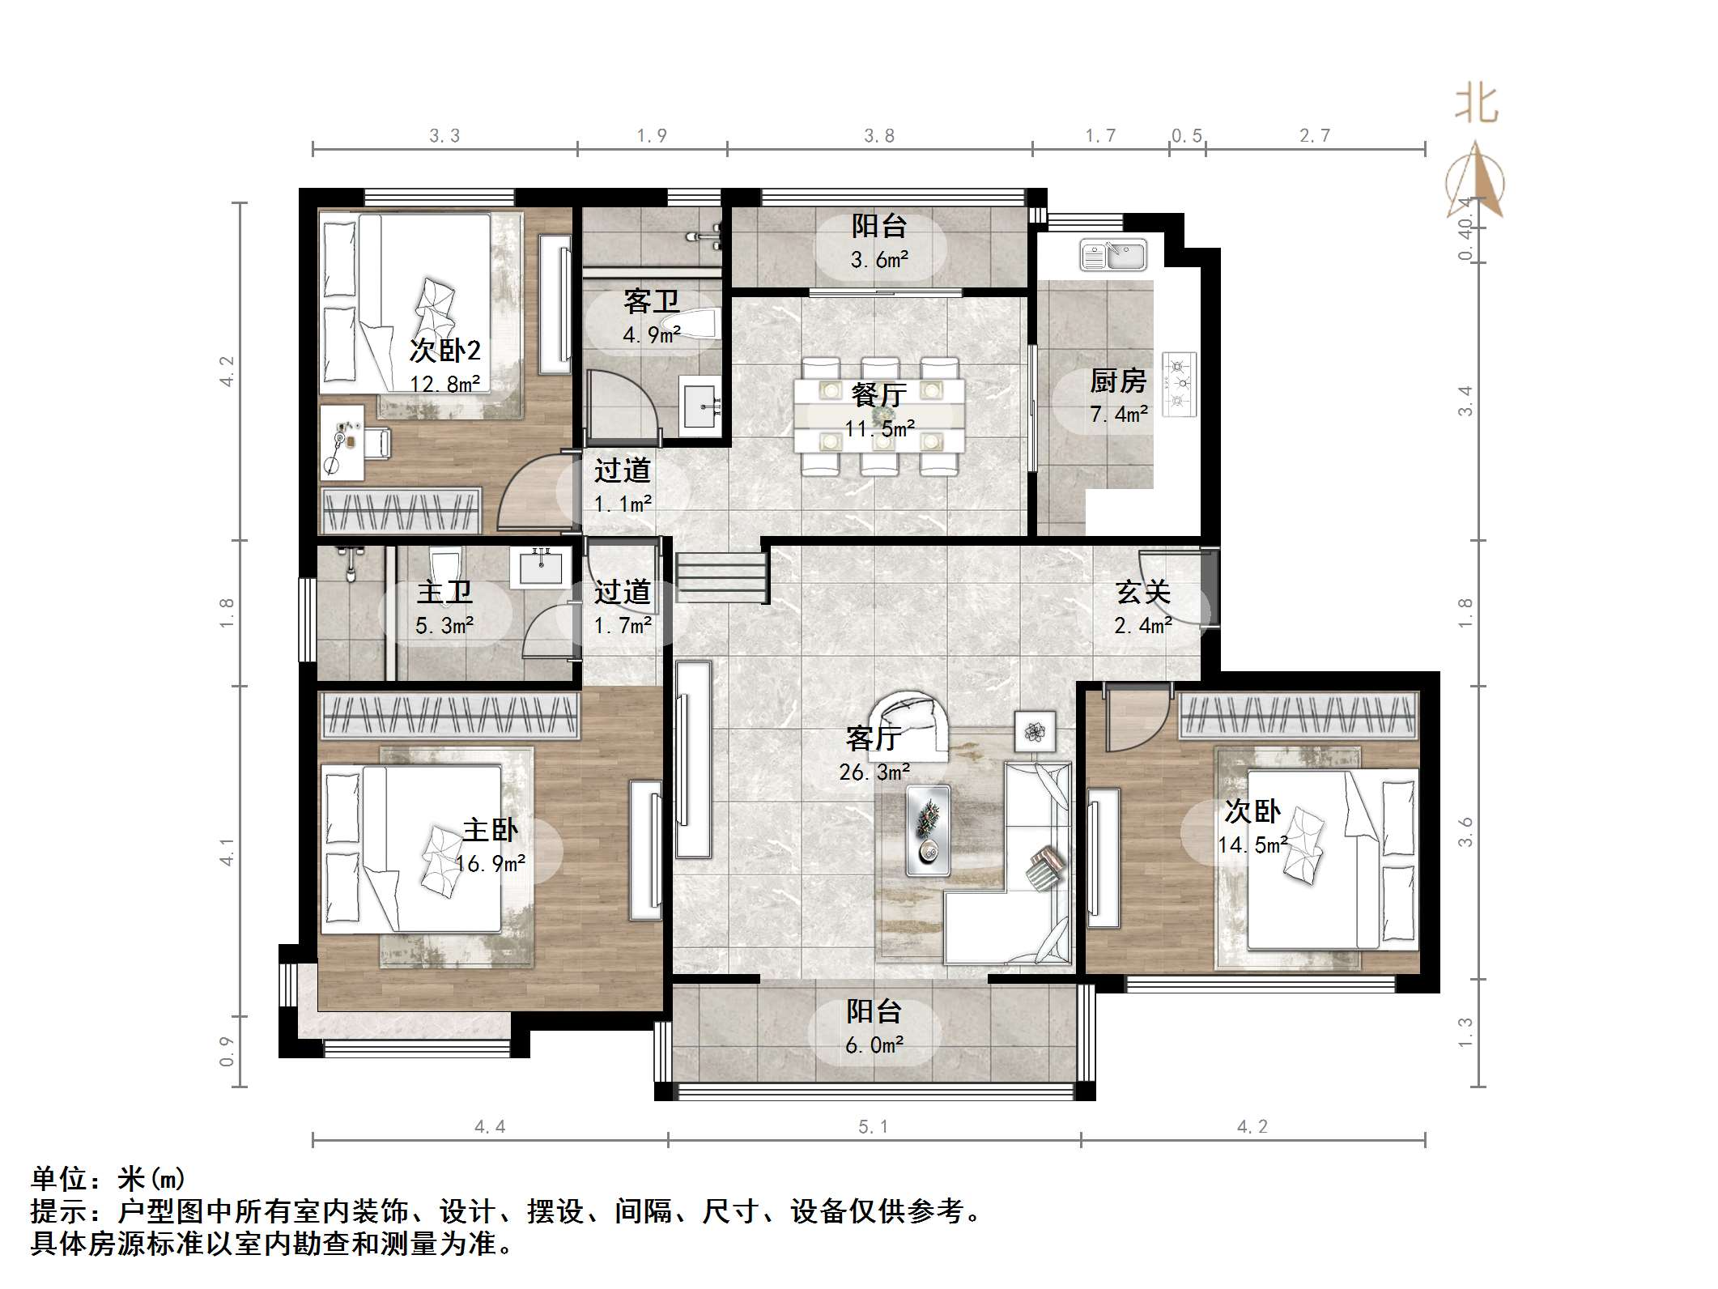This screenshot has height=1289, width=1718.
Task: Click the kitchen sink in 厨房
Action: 1113,254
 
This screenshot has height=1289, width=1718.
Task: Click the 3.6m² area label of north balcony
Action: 879,260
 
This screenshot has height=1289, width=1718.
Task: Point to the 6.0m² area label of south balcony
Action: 874,1045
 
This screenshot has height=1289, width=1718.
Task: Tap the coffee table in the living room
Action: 928,830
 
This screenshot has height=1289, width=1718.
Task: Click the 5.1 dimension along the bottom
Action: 873,1127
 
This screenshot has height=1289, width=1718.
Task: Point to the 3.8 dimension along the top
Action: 879,135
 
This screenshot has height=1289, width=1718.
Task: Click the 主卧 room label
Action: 490,830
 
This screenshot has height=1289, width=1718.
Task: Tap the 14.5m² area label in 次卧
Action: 1252,845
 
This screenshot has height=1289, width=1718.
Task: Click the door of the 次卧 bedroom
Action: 1138,718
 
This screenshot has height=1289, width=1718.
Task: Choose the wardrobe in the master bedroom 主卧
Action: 451,715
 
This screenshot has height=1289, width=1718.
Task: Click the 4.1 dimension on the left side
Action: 227,852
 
